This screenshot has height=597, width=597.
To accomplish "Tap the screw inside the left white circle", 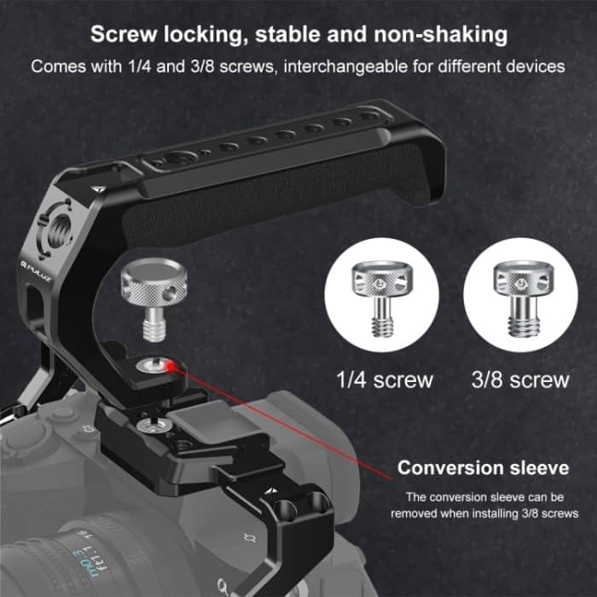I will click(x=381, y=298).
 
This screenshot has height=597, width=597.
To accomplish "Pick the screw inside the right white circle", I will click(x=519, y=298).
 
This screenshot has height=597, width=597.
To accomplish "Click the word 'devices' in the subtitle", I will click(x=536, y=66).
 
